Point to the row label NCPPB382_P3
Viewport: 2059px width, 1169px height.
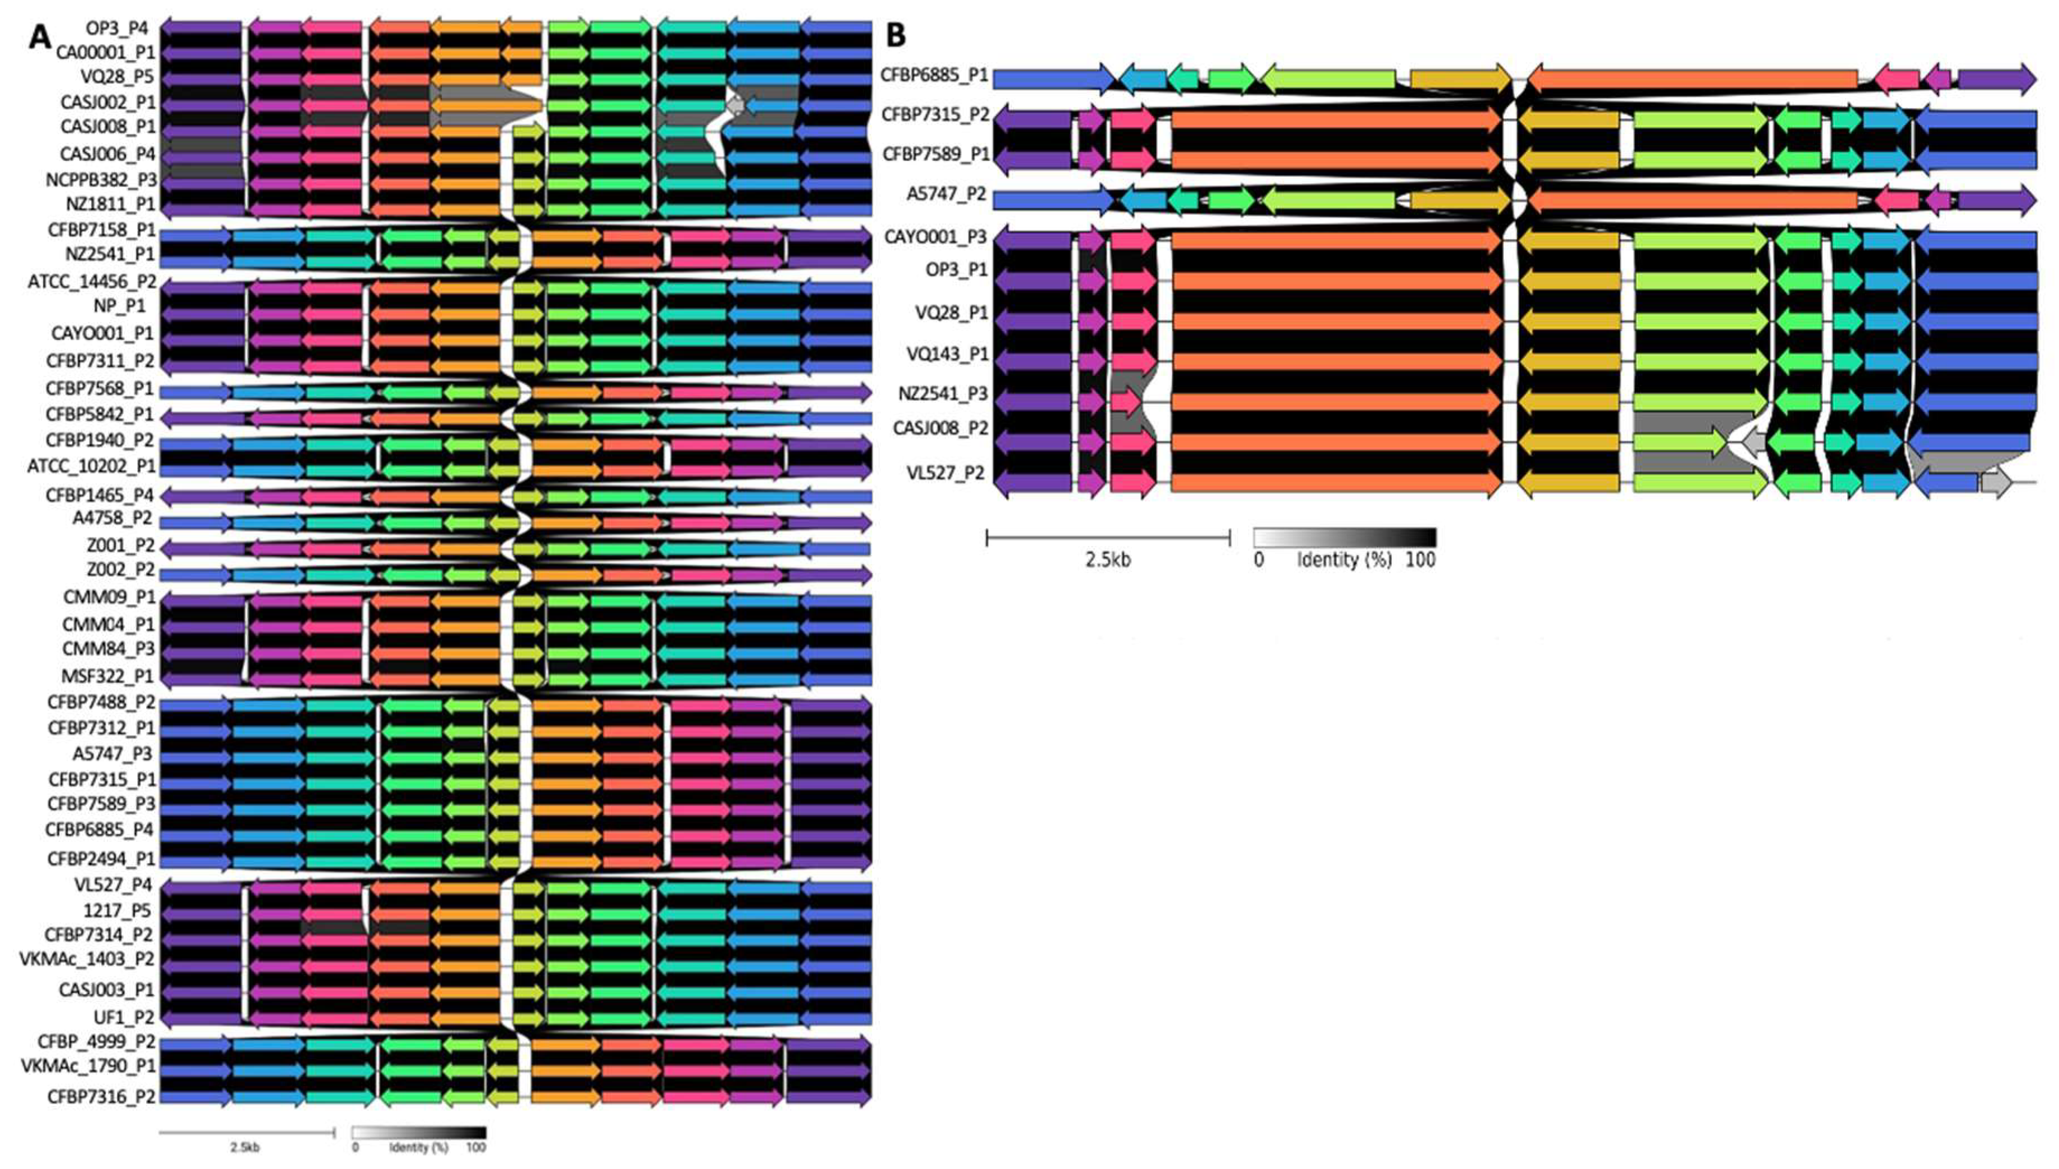click(x=101, y=179)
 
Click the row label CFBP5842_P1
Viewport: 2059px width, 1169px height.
click(x=100, y=416)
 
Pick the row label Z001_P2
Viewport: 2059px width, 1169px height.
click(x=120, y=545)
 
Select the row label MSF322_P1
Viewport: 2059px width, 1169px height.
click(x=107, y=675)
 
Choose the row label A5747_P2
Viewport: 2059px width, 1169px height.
click(x=947, y=194)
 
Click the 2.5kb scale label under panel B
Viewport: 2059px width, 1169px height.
click(x=1108, y=560)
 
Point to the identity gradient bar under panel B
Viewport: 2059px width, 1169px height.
click(x=1345, y=537)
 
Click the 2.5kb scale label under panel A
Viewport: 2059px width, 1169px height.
click(x=245, y=1147)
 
